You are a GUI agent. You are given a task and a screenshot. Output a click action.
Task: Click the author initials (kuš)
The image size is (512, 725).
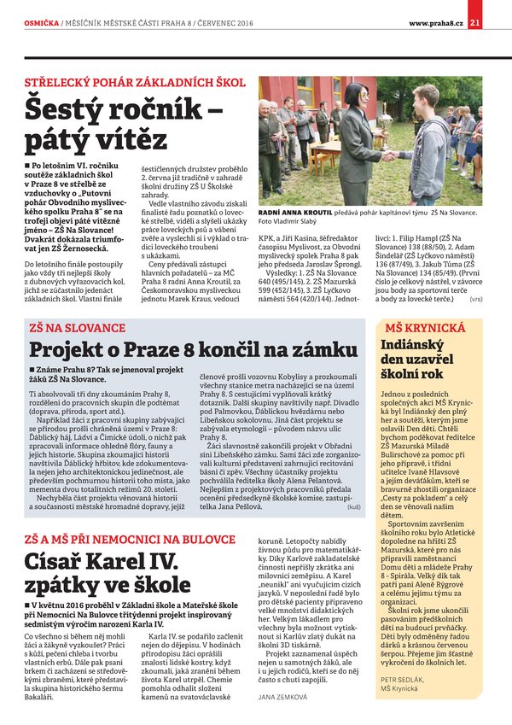click(354, 507)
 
